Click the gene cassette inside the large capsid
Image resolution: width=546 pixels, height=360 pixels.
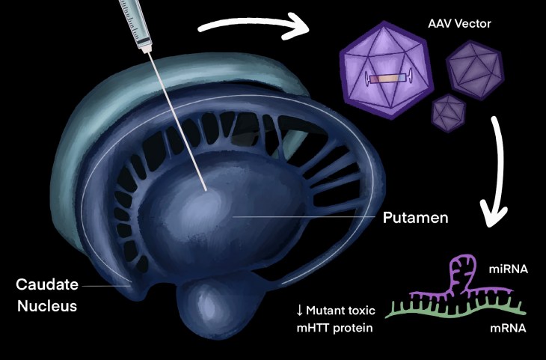(x=388, y=78)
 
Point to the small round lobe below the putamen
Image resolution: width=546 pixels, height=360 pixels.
(x=206, y=311)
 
